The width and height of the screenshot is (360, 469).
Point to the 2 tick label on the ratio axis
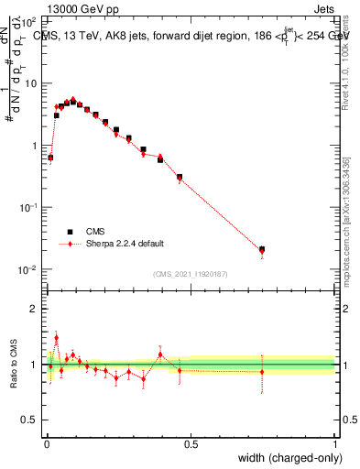coord(35,309)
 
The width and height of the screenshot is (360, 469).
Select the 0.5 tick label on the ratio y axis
coord(31,420)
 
